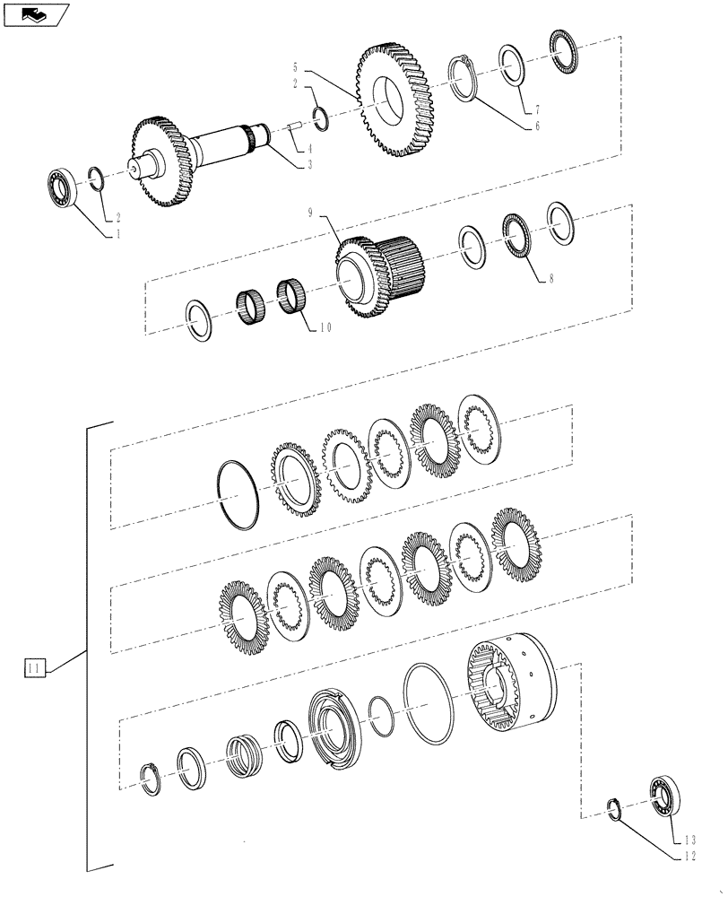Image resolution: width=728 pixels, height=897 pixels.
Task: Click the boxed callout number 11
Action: coord(34,668)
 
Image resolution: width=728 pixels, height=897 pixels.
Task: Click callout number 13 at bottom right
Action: coord(689,840)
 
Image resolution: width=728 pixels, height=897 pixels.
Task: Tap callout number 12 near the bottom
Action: coord(688,858)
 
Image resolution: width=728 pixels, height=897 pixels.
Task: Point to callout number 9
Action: coord(310,213)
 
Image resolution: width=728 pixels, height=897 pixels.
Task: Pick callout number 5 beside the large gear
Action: coord(295,66)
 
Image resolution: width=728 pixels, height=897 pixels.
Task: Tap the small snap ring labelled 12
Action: coord(614,807)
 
